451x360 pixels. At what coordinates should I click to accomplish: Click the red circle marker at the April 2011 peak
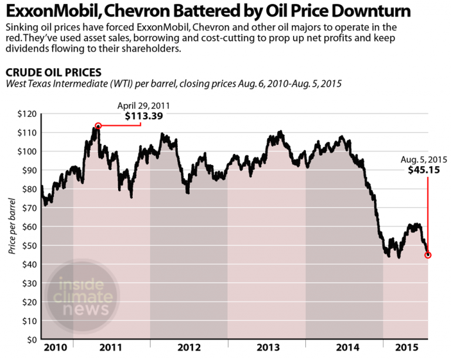[x=98, y=126]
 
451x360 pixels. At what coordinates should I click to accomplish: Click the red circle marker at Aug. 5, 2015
[x=428, y=255]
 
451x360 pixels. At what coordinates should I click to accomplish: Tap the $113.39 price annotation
[x=144, y=116]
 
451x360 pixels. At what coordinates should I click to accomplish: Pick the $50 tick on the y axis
[x=26, y=245]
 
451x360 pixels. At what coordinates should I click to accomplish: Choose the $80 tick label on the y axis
[x=26, y=189]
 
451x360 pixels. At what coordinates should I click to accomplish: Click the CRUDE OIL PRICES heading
[x=53, y=73]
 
